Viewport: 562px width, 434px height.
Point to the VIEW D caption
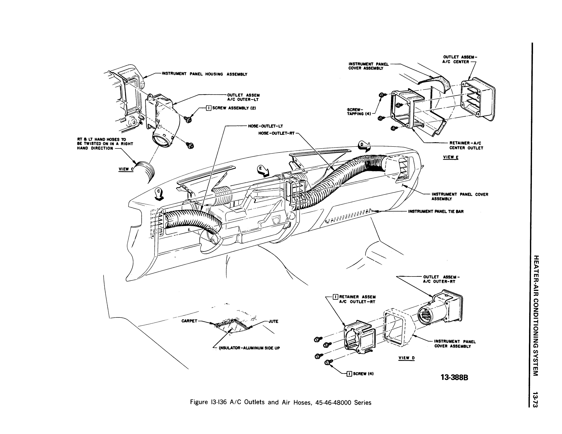point(407,358)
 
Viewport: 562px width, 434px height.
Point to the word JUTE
point(273,321)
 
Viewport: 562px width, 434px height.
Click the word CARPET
point(189,321)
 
